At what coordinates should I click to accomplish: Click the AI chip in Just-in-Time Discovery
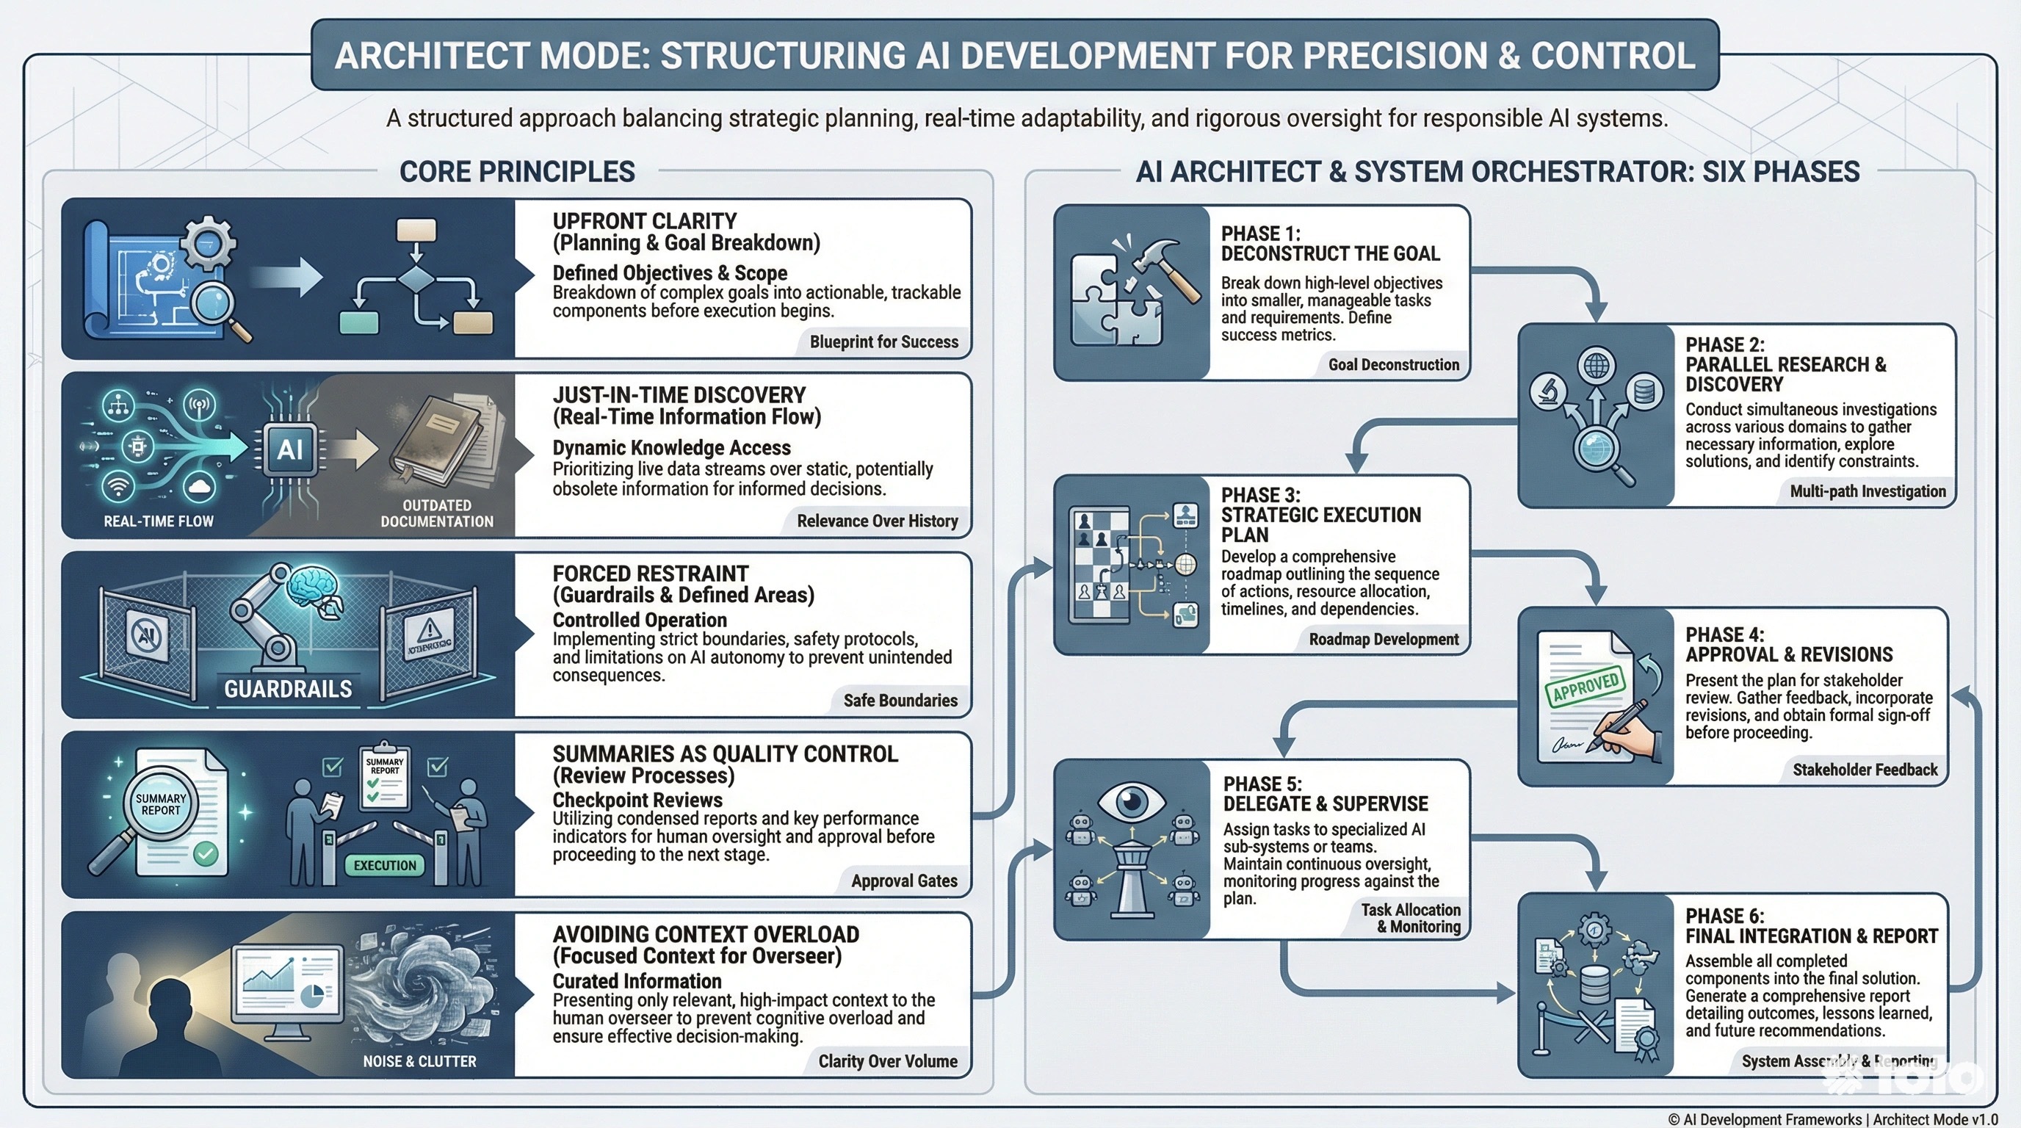(289, 449)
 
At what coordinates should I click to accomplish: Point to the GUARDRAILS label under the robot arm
(288, 689)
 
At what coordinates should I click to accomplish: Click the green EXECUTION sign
(384, 865)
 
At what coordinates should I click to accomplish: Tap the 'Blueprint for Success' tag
(883, 342)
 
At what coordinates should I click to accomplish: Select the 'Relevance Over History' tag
(877, 521)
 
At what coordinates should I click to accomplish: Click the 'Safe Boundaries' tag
(900, 701)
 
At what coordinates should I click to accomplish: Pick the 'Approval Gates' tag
(904, 881)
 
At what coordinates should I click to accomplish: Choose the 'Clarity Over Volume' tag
(887, 1061)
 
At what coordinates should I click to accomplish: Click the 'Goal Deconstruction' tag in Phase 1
(1393, 365)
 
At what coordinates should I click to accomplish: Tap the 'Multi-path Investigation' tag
(1868, 492)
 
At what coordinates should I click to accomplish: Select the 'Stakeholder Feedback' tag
(1865, 770)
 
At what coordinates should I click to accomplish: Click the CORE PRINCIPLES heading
(517, 172)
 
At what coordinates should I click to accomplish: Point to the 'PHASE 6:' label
(1724, 916)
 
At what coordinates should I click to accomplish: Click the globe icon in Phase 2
(1597, 365)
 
